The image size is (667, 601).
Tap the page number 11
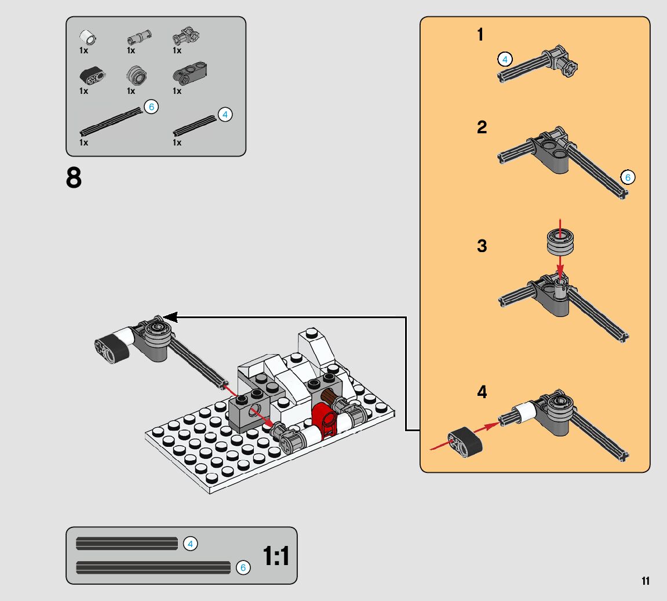(x=646, y=581)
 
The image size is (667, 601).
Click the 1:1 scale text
(x=276, y=556)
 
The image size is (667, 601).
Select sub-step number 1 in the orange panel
(x=480, y=35)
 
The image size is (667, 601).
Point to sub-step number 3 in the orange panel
(x=482, y=246)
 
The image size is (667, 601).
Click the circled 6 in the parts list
(x=151, y=106)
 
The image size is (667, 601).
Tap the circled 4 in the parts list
(x=225, y=114)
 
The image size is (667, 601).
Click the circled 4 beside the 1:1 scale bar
(x=190, y=544)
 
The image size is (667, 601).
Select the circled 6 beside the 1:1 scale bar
(x=243, y=567)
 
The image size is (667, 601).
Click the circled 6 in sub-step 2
(x=628, y=177)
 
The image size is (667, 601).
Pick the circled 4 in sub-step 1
(x=505, y=59)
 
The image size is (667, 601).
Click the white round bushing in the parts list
(x=88, y=38)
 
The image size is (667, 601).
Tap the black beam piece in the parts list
(x=92, y=76)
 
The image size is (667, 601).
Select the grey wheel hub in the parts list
(x=137, y=75)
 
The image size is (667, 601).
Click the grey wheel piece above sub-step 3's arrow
(x=560, y=242)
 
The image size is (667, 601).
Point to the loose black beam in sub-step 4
(x=465, y=443)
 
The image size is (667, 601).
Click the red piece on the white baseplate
(x=325, y=420)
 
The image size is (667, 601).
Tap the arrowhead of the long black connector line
(x=170, y=317)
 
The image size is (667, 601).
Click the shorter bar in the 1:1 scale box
(x=127, y=544)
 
